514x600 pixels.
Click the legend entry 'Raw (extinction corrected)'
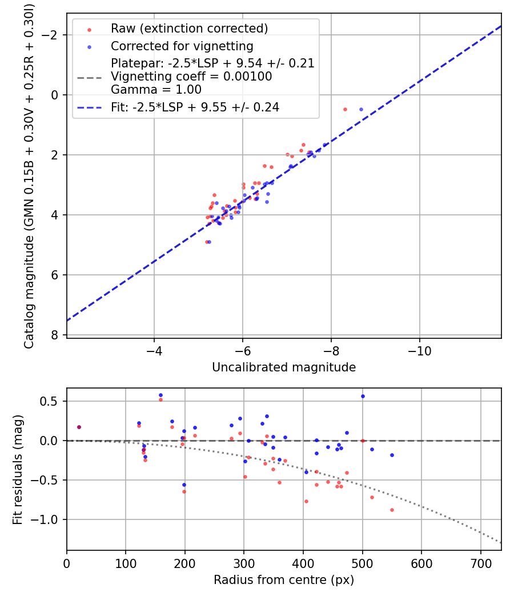click(189, 29)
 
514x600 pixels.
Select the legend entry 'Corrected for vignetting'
click(182, 46)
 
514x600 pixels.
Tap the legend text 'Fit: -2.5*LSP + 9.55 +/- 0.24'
click(195, 107)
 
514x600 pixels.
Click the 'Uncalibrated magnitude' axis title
click(284, 367)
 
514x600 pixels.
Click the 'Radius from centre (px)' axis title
click(284, 580)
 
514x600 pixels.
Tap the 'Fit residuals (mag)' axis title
click(18, 469)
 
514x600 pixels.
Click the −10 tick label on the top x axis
click(419, 349)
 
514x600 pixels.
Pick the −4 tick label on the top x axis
click(154, 349)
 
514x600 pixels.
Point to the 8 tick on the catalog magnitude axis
click(55, 335)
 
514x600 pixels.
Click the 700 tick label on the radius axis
click(480, 562)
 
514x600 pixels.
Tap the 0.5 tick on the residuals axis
click(53, 401)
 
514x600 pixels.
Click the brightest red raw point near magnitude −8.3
click(345, 109)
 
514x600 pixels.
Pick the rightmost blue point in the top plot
click(361, 109)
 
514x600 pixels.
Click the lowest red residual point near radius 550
click(392, 510)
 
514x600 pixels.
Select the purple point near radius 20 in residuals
click(79, 427)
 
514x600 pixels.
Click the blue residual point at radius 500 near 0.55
click(363, 396)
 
